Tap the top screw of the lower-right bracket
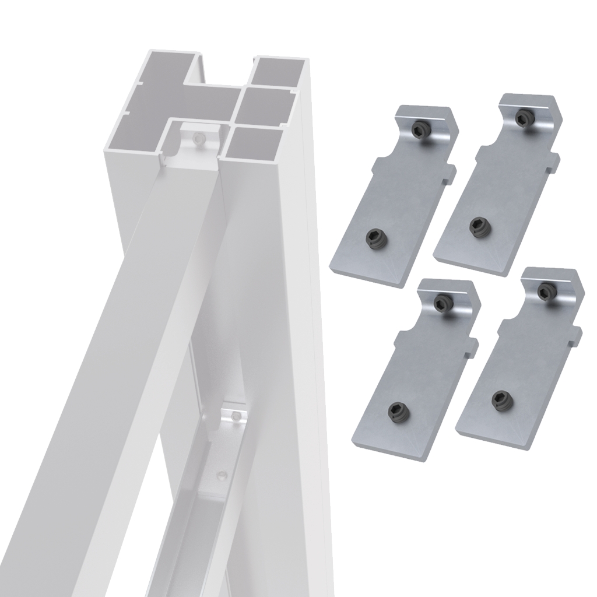coord(546,290)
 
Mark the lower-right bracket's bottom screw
coord(500,399)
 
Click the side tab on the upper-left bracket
coord(449,173)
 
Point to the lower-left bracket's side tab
coord(472,346)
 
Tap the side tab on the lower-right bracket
coord(576,335)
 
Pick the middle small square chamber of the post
coord(268,106)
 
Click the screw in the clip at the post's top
coord(199,138)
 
